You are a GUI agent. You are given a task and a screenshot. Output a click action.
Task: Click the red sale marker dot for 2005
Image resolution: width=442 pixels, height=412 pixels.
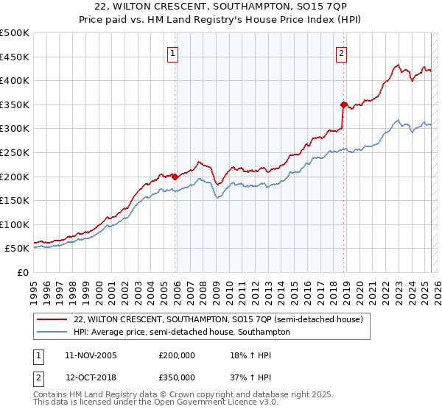point(175,177)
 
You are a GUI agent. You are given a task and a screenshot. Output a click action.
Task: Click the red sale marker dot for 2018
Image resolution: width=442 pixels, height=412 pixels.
point(343,105)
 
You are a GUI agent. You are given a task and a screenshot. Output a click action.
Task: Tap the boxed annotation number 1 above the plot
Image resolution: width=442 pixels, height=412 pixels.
point(172,53)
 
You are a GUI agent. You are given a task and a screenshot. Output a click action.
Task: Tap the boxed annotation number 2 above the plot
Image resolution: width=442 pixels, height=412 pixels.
point(342,53)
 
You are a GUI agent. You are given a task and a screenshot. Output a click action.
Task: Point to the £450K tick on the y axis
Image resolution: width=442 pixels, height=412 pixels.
point(15,57)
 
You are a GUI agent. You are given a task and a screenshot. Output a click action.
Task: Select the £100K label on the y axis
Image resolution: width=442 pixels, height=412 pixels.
point(15,224)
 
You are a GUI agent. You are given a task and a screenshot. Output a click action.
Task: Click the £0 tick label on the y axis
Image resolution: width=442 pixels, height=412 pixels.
point(24,272)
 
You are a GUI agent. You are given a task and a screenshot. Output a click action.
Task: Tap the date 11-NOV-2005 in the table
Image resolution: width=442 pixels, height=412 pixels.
point(91,355)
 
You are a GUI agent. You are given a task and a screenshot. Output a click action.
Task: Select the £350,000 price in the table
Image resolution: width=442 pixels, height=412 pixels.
point(177,377)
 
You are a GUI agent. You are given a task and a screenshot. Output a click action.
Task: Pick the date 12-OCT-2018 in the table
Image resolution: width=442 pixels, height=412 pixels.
point(91,377)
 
